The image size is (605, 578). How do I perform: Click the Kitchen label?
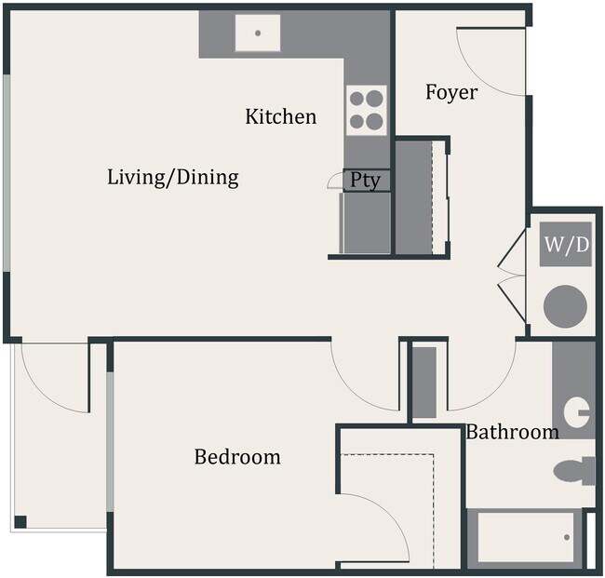click(x=280, y=116)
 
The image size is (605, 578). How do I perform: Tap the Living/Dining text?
click(x=173, y=176)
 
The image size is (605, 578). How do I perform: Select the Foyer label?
click(x=451, y=92)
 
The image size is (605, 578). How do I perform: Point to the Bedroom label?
click(x=237, y=457)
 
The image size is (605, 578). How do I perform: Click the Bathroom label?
click(x=512, y=432)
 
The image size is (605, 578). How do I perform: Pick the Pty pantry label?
click(x=365, y=181)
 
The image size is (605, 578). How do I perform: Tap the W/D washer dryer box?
click(x=566, y=246)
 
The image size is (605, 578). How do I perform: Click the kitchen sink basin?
click(x=258, y=34)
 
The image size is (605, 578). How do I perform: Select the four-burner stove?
click(x=367, y=108)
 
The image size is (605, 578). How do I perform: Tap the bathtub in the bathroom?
click(x=527, y=537)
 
